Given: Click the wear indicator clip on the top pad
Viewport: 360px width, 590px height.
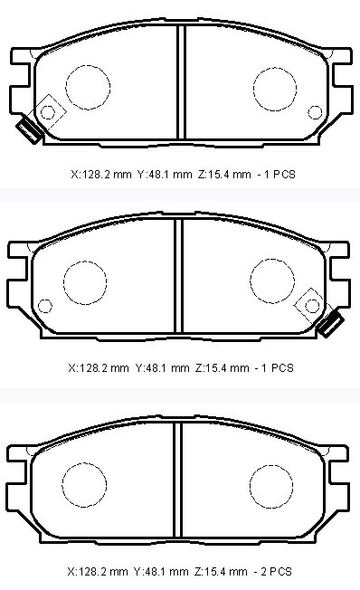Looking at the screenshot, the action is point(29,128).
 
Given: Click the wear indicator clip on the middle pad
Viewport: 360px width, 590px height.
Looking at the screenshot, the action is point(330,323).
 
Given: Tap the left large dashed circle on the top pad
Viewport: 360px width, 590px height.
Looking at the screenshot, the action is point(88,87).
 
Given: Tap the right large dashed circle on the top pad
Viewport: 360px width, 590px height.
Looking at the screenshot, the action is point(275,90).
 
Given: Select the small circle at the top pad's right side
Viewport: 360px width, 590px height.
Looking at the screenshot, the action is point(315,112).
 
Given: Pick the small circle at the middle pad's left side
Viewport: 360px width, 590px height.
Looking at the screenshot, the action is point(45,306).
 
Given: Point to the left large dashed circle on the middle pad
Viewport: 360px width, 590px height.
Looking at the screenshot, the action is point(85,282).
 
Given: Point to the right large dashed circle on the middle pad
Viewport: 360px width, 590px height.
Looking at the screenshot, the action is point(272,281).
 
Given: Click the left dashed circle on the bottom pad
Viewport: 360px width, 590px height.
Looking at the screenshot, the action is point(84,485).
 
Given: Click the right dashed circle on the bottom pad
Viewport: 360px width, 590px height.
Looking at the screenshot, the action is point(270,487).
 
